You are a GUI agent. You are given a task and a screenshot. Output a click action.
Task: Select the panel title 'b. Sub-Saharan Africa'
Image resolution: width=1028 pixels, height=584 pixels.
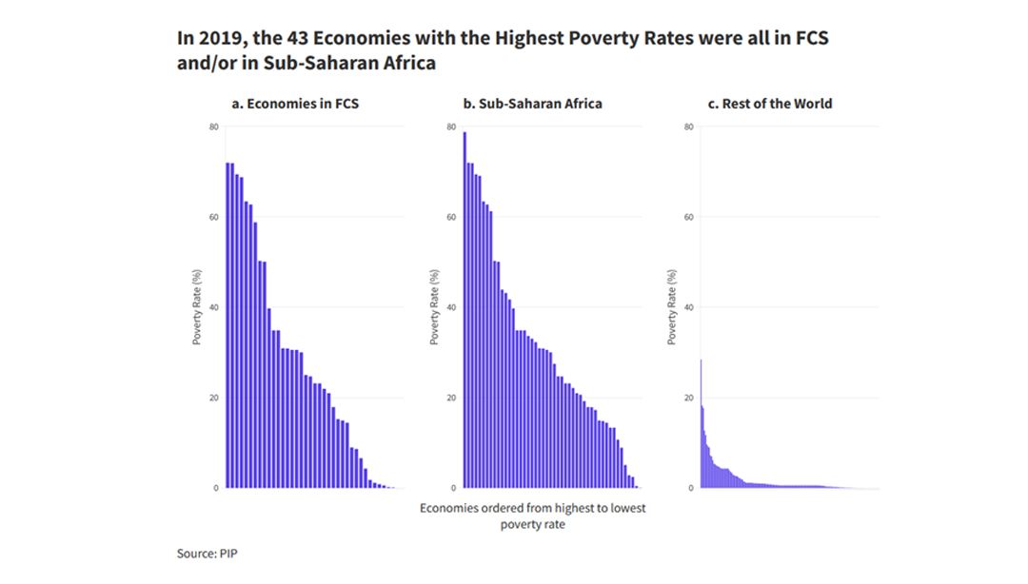click(532, 104)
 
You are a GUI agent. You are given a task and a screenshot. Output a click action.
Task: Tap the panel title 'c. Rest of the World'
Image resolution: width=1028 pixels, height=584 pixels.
click(770, 104)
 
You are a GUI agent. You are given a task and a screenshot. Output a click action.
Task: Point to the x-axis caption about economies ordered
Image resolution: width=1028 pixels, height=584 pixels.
click(532, 516)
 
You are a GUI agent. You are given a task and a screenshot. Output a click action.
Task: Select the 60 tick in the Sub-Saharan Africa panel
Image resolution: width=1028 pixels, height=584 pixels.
click(451, 217)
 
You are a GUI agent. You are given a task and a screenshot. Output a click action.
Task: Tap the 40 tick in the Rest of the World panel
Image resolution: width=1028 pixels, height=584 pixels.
click(688, 307)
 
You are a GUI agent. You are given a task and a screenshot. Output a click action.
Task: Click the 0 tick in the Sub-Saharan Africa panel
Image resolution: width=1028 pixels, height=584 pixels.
click(454, 488)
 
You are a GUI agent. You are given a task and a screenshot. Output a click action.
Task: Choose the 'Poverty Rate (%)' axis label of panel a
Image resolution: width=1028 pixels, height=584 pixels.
click(197, 307)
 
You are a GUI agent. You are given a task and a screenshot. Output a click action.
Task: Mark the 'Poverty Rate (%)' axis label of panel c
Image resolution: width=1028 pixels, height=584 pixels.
click(672, 307)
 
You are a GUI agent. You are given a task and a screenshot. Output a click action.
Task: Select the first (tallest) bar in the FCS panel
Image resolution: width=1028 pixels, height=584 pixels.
click(227, 324)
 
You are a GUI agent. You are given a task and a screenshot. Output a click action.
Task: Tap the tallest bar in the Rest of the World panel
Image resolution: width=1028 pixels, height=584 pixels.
click(702, 423)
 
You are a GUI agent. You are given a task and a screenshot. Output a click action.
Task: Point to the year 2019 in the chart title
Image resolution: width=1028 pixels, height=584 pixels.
click(211, 39)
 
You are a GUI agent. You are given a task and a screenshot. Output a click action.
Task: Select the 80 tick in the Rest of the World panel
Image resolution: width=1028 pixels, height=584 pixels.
click(688, 127)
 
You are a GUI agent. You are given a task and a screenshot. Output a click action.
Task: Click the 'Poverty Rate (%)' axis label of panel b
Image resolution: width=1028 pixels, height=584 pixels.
click(435, 307)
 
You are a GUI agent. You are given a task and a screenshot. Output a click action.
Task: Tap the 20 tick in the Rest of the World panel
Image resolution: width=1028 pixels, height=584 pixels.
click(688, 398)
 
